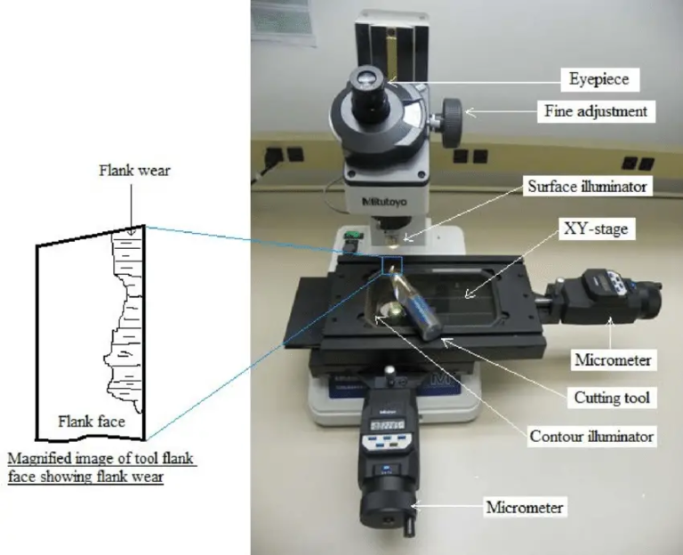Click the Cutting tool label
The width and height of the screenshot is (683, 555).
point(613,398)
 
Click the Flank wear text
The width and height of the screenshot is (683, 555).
point(134,170)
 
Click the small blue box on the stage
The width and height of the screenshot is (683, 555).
point(392,264)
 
